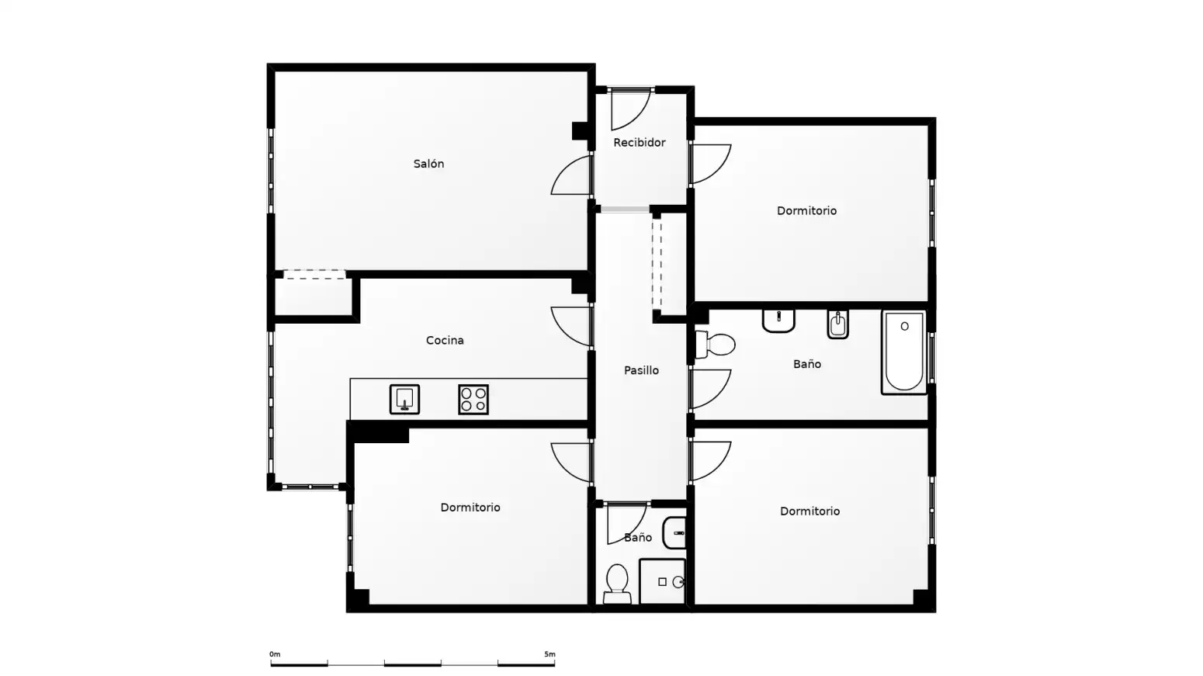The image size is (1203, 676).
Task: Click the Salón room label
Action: coord(428,164)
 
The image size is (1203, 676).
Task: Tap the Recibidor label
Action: coord(639,142)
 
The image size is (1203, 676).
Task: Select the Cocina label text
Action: coord(445,340)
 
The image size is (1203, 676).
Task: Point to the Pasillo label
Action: coord(641,370)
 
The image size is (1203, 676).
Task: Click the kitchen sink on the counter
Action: coord(404,399)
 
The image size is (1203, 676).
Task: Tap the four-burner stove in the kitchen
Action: coord(473,399)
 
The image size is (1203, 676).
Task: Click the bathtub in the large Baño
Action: coord(904,352)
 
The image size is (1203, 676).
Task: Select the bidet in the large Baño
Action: coord(837,324)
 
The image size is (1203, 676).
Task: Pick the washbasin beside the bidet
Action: coord(778,321)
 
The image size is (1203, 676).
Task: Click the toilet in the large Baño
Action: coord(716,344)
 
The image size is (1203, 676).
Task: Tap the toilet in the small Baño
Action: coord(617,584)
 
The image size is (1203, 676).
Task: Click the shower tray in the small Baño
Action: coord(662,581)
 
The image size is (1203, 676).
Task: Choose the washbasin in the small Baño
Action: coord(674,532)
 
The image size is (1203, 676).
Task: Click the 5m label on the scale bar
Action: coord(550,654)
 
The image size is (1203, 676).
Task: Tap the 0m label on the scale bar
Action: coord(275,654)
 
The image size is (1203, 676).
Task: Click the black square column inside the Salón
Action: coord(580,131)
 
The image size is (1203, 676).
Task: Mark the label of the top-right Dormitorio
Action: coord(806,210)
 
